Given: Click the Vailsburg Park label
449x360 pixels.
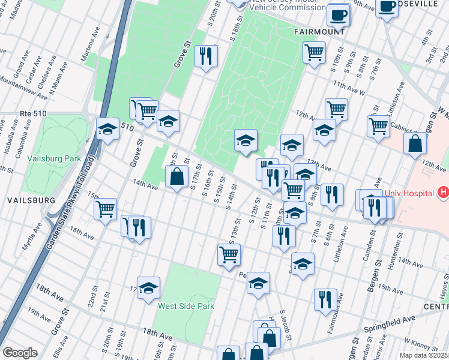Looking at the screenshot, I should pyautogui.click(x=54, y=158).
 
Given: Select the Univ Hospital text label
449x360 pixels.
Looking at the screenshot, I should pyautogui.click(x=409, y=193).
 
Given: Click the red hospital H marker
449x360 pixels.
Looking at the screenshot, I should pyautogui.click(x=443, y=193).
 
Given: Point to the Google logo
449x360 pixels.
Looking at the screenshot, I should pyautogui.click(x=20, y=353).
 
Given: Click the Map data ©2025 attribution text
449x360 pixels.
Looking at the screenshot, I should pyautogui.click(x=424, y=355).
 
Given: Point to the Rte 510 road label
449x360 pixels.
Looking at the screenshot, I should pyautogui.click(x=33, y=113).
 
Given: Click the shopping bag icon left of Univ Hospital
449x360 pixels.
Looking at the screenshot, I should pyautogui.click(x=415, y=144).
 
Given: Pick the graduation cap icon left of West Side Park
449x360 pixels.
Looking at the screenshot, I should pyautogui.click(x=148, y=288).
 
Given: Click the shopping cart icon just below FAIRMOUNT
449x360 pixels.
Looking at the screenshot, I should pyautogui.click(x=314, y=53).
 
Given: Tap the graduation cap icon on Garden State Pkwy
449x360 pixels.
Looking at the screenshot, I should pyautogui.click(x=107, y=129).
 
